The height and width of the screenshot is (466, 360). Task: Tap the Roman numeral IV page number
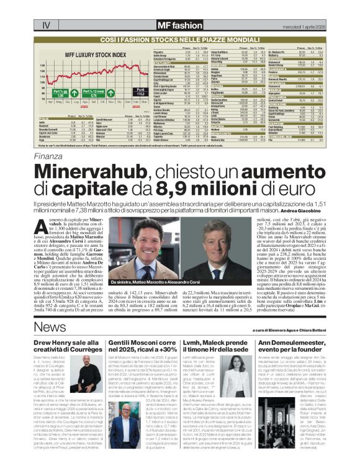pyautogui.click(x=45, y=25)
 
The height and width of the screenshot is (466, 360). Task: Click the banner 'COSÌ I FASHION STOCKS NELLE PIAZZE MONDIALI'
pyautogui.click(x=179, y=38)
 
